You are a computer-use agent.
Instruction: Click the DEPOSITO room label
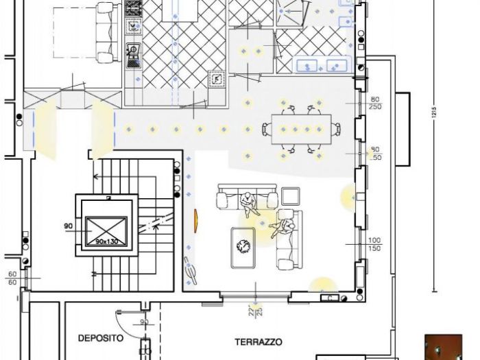(x=100, y=338)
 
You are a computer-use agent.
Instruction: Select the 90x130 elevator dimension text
(x=106, y=241)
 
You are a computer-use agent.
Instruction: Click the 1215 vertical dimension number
(x=433, y=115)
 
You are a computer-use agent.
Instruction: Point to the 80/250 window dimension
(x=374, y=103)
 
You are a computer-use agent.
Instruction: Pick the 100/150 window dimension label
(x=374, y=243)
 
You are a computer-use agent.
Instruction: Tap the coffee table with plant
(x=243, y=247)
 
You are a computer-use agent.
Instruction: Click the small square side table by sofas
(x=290, y=196)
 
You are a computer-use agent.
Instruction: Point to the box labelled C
(x=330, y=298)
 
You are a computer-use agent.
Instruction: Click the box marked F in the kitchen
(x=217, y=79)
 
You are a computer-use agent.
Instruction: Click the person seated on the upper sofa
(x=247, y=202)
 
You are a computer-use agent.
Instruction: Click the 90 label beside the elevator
(x=67, y=225)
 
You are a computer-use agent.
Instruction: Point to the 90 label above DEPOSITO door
(x=144, y=321)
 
